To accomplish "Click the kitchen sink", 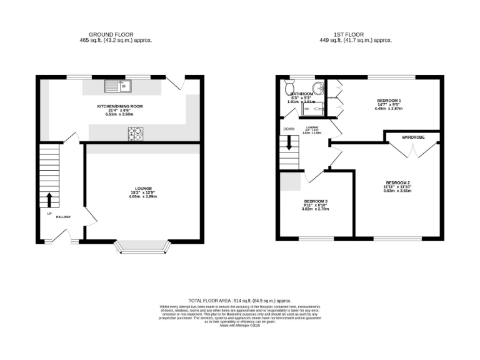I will (117, 85).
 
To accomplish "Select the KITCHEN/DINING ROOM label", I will (120, 106).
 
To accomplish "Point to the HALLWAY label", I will (63, 217).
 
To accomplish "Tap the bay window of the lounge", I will (143, 248).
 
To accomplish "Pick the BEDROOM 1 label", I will (389, 101).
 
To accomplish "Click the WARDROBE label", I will (414, 136).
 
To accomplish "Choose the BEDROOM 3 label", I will (316, 201).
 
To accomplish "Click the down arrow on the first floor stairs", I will (289, 142).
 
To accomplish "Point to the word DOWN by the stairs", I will (289, 129).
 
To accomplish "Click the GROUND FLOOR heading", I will (111, 34).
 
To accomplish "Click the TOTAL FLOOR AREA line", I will (240, 301).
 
